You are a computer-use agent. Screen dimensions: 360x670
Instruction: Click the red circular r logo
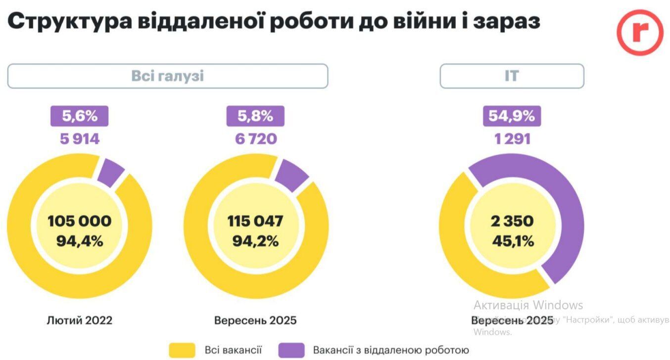(x=639, y=32)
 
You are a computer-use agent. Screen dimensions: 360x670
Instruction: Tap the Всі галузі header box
(x=167, y=76)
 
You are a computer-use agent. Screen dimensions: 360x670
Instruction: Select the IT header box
(x=512, y=76)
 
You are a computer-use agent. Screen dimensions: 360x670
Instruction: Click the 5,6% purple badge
(x=79, y=116)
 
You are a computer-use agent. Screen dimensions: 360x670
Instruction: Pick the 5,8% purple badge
(x=255, y=116)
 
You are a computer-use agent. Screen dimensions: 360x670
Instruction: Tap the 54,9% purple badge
(x=512, y=116)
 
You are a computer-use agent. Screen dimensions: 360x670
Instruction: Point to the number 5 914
(x=80, y=139)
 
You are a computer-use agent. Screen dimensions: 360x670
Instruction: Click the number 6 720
(x=255, y=139)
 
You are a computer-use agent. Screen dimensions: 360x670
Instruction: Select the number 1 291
(x=512, y=139)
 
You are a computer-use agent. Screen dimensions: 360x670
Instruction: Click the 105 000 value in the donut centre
(x=80, y=221)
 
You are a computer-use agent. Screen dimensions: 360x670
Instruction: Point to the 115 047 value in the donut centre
(x=255, y=221)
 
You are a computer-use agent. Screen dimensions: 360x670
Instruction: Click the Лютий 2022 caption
(x=80, y=320)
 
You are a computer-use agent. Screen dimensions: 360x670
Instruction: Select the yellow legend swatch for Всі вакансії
(x=182, y=350)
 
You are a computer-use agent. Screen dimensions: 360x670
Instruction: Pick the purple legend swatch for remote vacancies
(x=291, y=350)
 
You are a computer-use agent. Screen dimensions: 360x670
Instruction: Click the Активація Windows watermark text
(x=528, y=305)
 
